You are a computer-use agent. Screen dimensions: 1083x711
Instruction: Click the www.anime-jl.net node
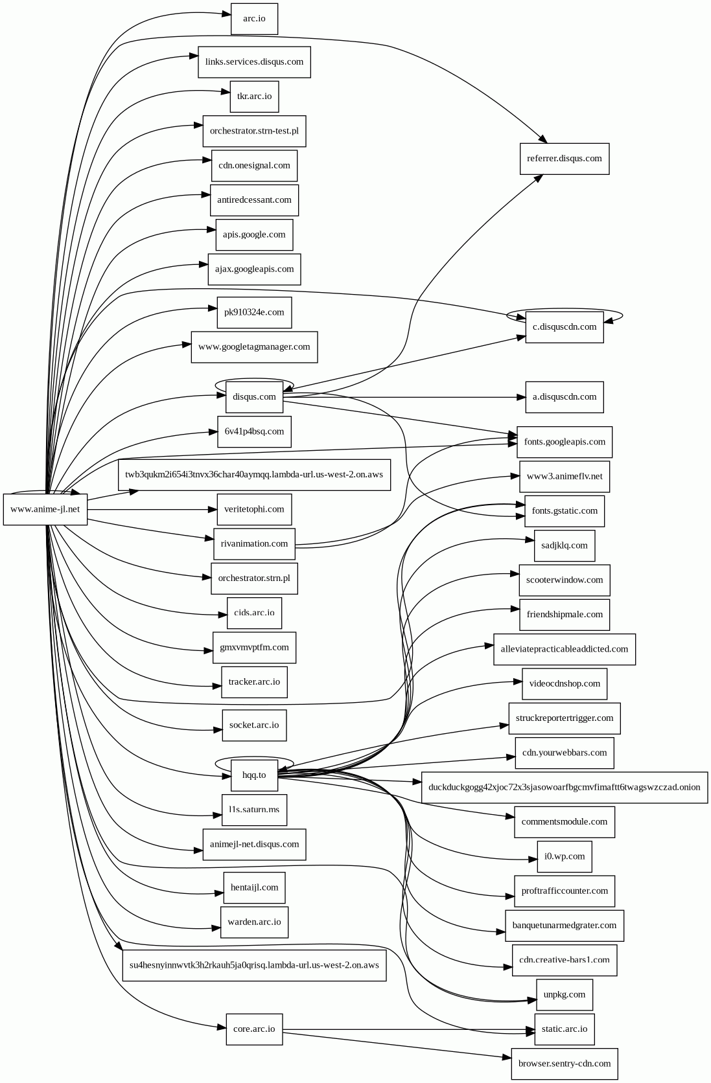(x=45, y=509)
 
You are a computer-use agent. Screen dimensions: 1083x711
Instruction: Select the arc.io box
(x=254, y=19)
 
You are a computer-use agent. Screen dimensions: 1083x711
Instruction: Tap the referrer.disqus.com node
(x=564, y=159)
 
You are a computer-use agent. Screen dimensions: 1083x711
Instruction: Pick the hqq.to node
(x=254, y=775)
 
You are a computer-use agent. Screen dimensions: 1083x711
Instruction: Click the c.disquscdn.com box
(x=564, y=327)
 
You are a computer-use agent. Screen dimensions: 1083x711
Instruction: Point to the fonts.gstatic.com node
(x=564, y=511)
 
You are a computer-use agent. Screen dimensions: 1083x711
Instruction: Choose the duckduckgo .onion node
(x=564, y=788)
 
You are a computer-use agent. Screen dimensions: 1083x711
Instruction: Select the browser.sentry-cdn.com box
(x=564, y=1064)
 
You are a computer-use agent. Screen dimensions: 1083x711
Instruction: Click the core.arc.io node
(x=254, y=1029)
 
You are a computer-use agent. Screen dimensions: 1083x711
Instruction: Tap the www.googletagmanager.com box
(x=254, y=347)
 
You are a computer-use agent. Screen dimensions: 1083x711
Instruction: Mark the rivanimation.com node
(x=254, y=544)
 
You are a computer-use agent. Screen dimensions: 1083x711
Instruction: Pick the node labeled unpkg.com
(x=564, y=995)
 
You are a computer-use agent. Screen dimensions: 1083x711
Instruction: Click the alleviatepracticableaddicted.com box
(x=564, y=649)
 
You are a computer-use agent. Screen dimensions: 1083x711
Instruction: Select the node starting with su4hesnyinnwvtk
(x=254, y=965)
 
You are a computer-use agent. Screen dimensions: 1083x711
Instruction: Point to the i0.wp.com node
(x=564, y=857)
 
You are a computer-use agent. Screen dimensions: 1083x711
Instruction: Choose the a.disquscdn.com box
(x=564, y=397)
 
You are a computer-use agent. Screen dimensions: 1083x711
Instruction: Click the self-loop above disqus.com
(x=254, y=380)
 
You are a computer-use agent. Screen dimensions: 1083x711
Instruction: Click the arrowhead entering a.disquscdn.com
(x=520, y=397)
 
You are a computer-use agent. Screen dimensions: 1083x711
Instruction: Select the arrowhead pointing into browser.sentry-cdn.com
(x=506, y=1058)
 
